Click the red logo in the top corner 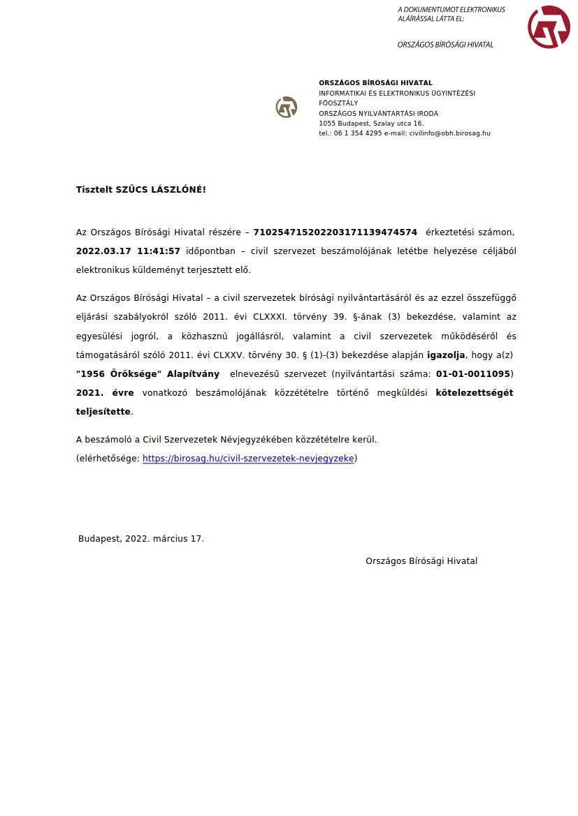coord(549,27)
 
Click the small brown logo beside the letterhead coord(287,107)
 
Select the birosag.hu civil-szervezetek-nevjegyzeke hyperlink coord(248,459)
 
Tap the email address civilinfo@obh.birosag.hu coord(449,133)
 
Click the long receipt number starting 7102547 coord(335,232)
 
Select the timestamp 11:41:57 coord(159,251)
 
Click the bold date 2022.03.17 coord(103,251)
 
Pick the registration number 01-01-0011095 coord(473,374)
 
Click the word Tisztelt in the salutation coord(94,190)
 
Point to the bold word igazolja coord(446,355)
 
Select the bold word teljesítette coord(103,412)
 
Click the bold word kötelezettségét coord(474,393)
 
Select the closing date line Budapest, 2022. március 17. coord(141,539)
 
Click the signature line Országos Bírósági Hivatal coord(421,561)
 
